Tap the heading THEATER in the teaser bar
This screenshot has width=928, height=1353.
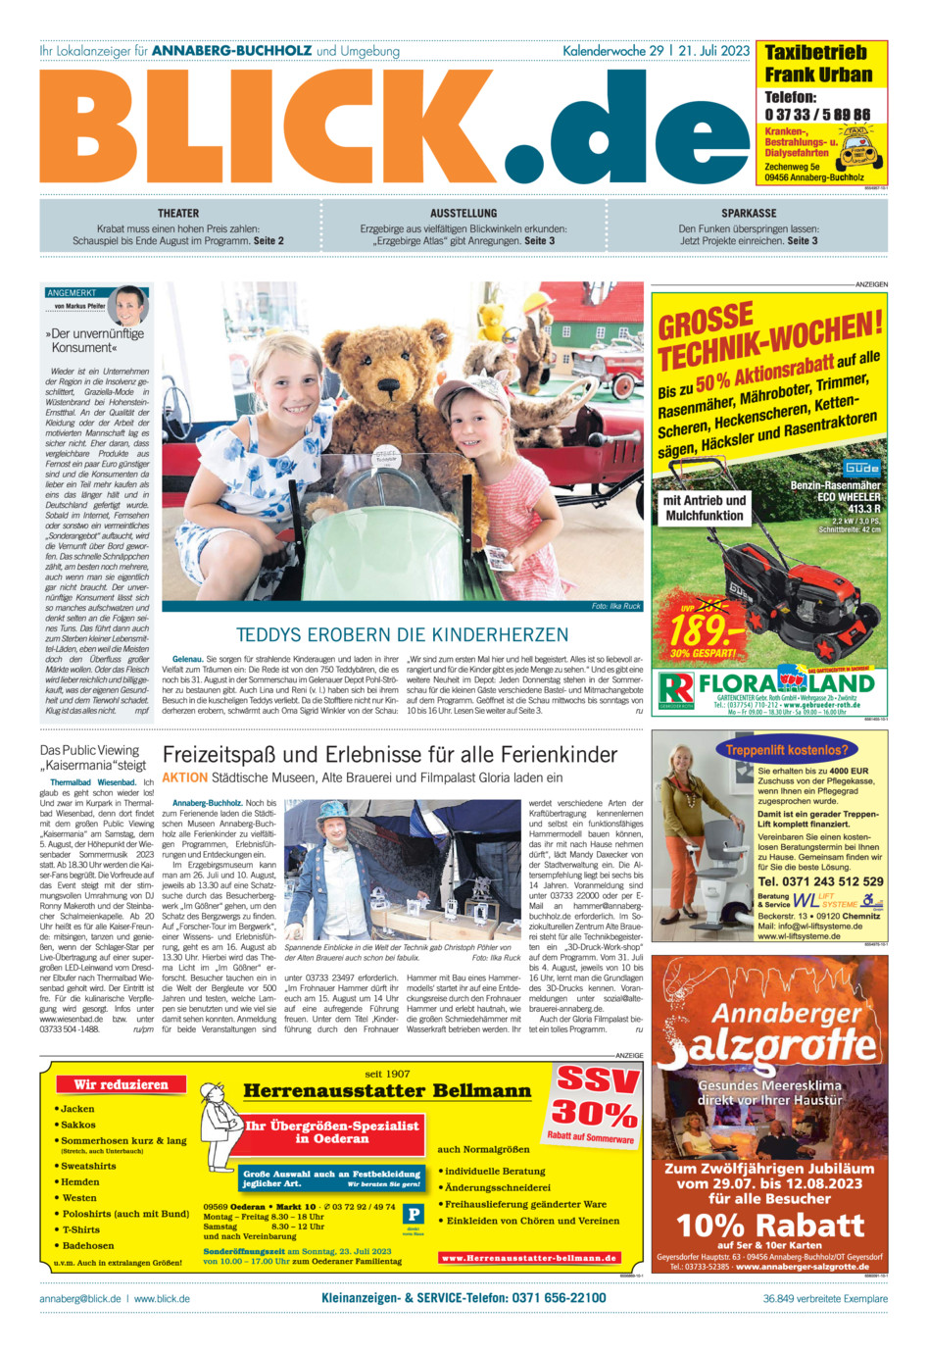point(178,213)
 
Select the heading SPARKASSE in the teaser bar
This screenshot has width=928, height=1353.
point(749,213)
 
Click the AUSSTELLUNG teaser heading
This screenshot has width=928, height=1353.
point(464,213)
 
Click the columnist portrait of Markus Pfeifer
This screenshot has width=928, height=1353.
point(127,305)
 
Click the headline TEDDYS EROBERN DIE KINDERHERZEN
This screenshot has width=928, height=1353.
point(402,634)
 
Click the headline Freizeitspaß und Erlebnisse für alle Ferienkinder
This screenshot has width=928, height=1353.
point(390,755)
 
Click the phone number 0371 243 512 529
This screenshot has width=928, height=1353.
point(820,881)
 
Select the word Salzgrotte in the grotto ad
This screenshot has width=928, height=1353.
point(770,1047)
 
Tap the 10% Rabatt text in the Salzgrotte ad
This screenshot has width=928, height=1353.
point(770,1226)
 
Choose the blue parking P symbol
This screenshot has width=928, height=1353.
point(415,1215)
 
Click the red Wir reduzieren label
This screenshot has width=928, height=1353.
point(121,1084)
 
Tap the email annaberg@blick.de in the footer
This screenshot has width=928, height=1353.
point(79,1298)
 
